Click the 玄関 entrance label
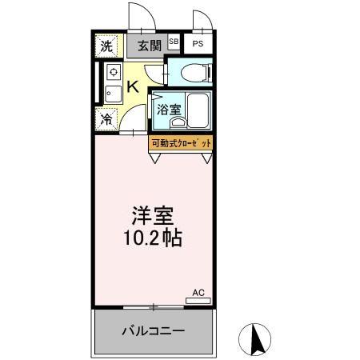[x=146, y=45]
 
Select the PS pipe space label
[x=198, y=45]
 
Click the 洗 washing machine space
[x=106, y=46]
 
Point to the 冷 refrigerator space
[x=106, y=121]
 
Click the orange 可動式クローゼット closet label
[x=182, y=142]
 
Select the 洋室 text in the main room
[x=154, y=217]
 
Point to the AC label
[x=199, y=292]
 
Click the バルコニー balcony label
[x=154, y=330]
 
